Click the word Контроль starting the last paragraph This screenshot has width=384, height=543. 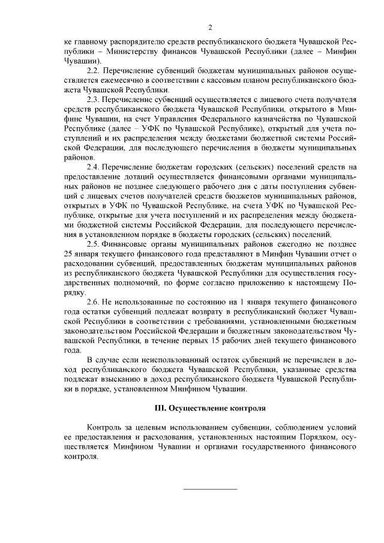point(105,427)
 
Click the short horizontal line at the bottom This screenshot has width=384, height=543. point(209,488)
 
